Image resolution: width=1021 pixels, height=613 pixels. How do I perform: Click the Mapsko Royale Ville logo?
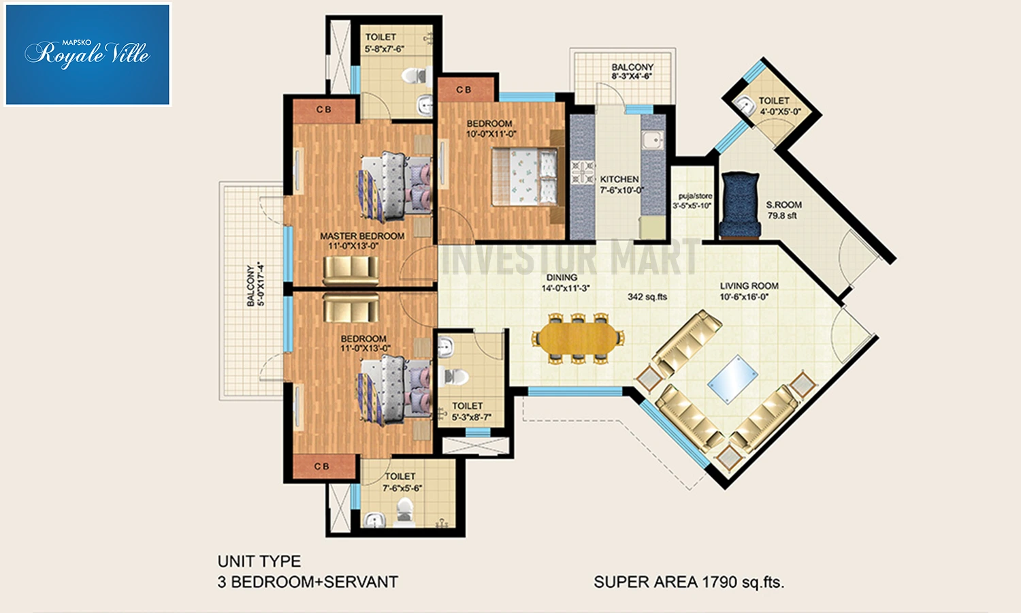[x=87, y=54]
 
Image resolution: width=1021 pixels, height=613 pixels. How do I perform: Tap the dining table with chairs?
[x=578, y=339]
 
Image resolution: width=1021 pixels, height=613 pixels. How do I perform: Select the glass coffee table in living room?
[x=733, y=379]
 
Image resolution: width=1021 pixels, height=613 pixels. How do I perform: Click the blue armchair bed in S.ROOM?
[x=741, y=205]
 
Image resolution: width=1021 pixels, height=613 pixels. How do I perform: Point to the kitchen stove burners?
[x=583, y=172]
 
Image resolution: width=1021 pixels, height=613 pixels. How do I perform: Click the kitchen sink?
[x=653, y=140]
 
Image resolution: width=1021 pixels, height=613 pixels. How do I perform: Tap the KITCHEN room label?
[x=619, y=179]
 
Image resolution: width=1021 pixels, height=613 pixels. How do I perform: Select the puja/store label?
[x=695, y=196]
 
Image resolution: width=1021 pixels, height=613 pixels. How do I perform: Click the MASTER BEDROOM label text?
[x=362, y=236]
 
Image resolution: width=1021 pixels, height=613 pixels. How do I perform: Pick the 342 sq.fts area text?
[x=647, y=297]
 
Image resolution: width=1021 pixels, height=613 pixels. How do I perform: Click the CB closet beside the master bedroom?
[x=323, y=110]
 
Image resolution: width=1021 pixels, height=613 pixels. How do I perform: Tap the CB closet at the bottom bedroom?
[x=323, y=466]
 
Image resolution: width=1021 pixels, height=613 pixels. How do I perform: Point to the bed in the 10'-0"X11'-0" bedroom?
[x=524, y=176]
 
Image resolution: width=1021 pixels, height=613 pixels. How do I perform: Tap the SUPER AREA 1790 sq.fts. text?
[x=689, y=582]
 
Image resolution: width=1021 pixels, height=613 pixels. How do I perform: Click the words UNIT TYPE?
[x=259, y=561]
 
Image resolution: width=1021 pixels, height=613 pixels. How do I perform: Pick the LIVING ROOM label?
[x=749, y=286]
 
